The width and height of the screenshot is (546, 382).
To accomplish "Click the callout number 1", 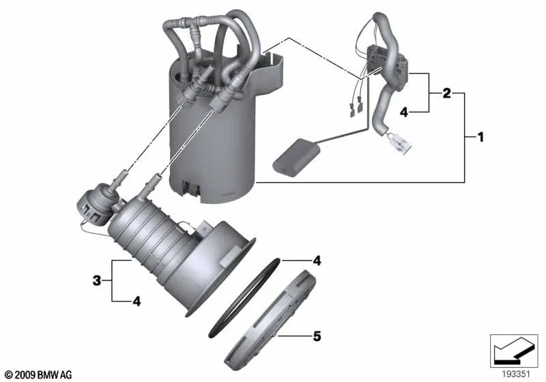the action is tap(480, 137).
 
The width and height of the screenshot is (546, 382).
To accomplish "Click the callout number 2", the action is tap(446, 93).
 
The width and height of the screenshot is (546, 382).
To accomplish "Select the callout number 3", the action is tap(97, 280).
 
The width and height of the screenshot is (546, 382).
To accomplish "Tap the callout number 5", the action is tap(317, 336).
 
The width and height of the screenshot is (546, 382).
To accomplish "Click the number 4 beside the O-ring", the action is tap(317, 261).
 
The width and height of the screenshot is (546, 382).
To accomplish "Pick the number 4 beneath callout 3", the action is tap(136, 302).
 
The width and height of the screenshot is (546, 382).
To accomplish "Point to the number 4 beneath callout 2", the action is tap(403, 112).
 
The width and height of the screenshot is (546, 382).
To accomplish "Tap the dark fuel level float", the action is tap(296, 158).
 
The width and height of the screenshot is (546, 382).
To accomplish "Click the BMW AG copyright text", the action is tap(39, 374).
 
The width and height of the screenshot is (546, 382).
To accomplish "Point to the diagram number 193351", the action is tap(516, 374).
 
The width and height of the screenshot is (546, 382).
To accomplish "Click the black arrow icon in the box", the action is tap(514, 351).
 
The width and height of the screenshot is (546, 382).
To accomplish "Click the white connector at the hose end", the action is tap(398, 143).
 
